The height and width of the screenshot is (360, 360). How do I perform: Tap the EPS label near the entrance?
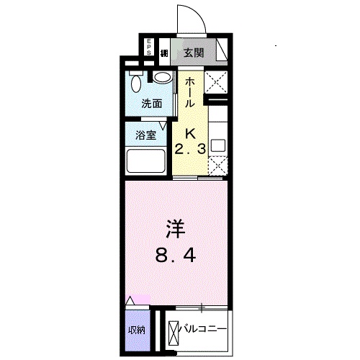pos(149,48)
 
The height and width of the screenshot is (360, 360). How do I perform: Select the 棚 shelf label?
pos(164,52)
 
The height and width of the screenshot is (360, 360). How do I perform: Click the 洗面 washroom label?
pos(150,104)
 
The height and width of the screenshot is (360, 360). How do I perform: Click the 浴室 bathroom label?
pos(146,135)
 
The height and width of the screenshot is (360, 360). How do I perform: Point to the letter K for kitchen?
pos(192,132)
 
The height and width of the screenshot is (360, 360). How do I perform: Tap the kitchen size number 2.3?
pos(191,148)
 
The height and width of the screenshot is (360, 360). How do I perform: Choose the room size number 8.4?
pos(176,254)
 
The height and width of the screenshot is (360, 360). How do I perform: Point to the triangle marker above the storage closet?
pos(130,300)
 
